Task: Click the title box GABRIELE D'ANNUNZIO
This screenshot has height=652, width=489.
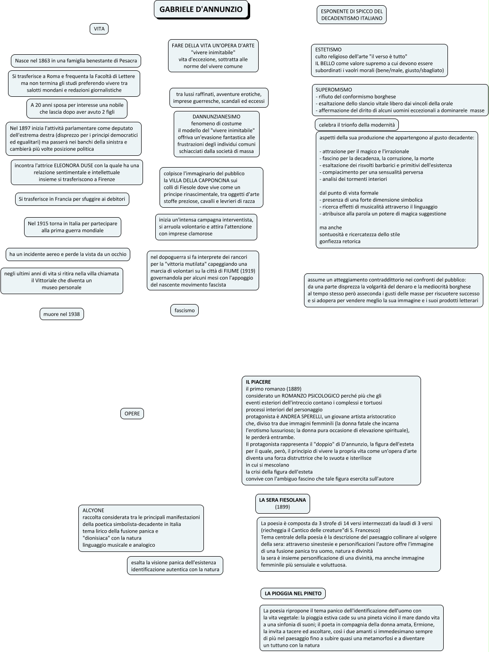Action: pos(201,9)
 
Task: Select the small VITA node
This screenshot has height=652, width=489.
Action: pos(99,29)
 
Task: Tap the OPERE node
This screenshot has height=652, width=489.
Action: pos(132,414)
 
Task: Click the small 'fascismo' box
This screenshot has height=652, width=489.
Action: pos(185,310)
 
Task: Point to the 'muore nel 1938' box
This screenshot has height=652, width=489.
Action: pos(61,314)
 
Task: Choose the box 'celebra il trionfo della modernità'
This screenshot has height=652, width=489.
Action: pos(357,125)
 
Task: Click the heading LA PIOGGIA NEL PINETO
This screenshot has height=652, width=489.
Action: pos(293,593)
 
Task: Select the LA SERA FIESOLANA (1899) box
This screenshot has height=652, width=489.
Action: pos(282,503)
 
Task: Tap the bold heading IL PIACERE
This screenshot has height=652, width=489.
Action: pos(258,382)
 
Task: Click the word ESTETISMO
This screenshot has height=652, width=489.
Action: pos(329,50)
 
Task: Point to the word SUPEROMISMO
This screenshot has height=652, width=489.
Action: pos(334,90)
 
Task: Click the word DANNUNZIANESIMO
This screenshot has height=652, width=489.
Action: pos(216,117)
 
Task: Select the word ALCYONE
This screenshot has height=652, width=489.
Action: pos(93,510)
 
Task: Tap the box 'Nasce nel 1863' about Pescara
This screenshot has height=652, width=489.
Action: pos(76,61)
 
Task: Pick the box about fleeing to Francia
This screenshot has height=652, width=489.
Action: pos(72,199)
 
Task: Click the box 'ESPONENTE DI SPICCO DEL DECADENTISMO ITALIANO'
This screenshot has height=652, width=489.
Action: pos(352,15)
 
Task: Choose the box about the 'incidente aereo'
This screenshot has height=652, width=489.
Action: pos(68,254)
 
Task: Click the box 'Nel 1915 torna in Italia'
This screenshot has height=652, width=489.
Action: pos(73,227)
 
